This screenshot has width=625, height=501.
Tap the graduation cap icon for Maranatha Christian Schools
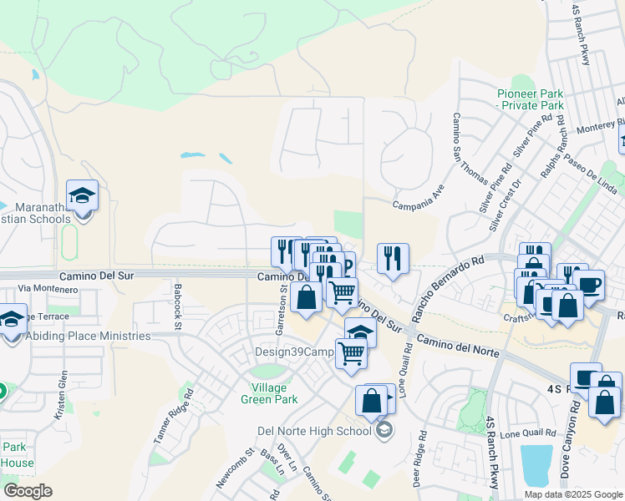(x=82, y=196)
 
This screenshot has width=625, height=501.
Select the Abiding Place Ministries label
(x=88, y=337)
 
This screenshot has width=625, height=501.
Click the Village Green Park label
(x=275, y=393)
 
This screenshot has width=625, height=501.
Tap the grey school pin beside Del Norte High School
(x=384, y=431)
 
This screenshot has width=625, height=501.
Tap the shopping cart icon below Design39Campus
(x=352, y=353)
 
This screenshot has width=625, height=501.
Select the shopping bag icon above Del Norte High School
(x=372, y=400)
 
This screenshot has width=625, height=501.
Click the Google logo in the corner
(x=28, y=490)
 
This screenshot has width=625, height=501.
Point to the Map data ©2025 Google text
(x=572, y=494)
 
